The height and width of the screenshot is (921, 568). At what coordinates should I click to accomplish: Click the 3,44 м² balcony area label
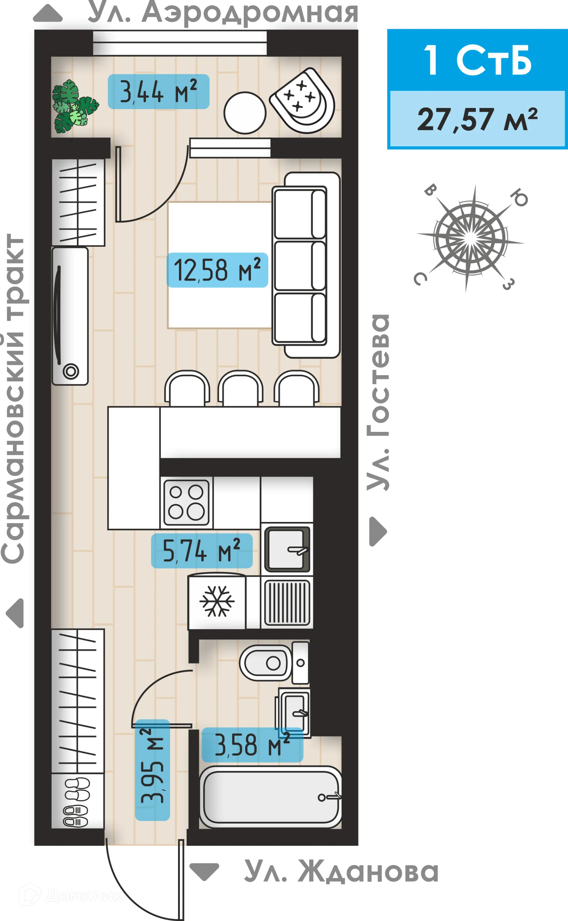[x=158, y=92]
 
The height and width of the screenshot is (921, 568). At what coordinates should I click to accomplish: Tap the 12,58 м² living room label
[x=217, y=270]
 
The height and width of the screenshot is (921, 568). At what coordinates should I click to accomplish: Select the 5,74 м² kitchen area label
[x=201, y=551]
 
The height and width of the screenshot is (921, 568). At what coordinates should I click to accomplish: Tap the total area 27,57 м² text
[x=477, y=119]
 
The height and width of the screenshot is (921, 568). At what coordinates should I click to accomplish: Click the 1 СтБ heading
[x=477, y=60]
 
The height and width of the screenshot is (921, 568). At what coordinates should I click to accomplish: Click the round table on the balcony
[x=245, y=112]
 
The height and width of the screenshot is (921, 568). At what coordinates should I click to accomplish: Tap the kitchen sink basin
[x=287, y=550]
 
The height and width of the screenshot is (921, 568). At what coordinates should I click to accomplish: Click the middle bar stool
[x=240, y=389]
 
